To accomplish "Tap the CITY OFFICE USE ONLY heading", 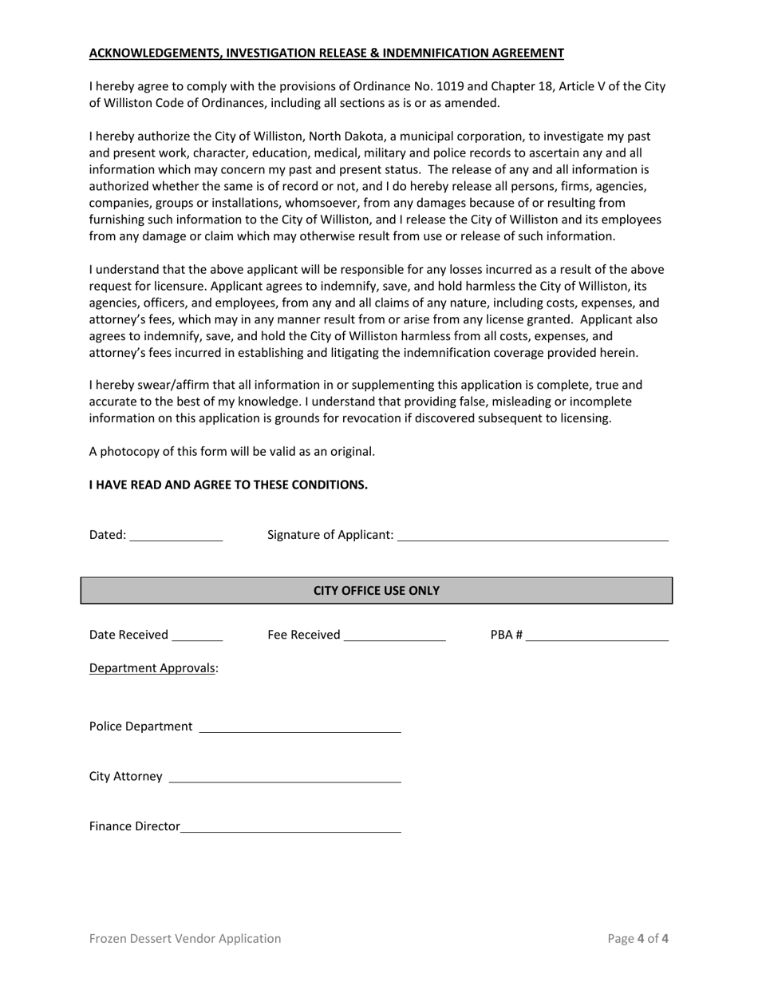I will [x=376, y=591].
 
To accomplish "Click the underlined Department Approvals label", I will [x=153, y=668].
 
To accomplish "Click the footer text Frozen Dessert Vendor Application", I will [x=185, y=939].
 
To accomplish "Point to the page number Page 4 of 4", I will [x=638, y=939].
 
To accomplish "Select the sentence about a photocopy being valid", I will [x=231, y=451].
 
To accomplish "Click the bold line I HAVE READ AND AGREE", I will [x=228, y=485].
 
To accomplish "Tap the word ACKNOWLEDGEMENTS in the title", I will [x=155, y=53].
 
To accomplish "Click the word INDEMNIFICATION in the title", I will [x=440, y=53].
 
